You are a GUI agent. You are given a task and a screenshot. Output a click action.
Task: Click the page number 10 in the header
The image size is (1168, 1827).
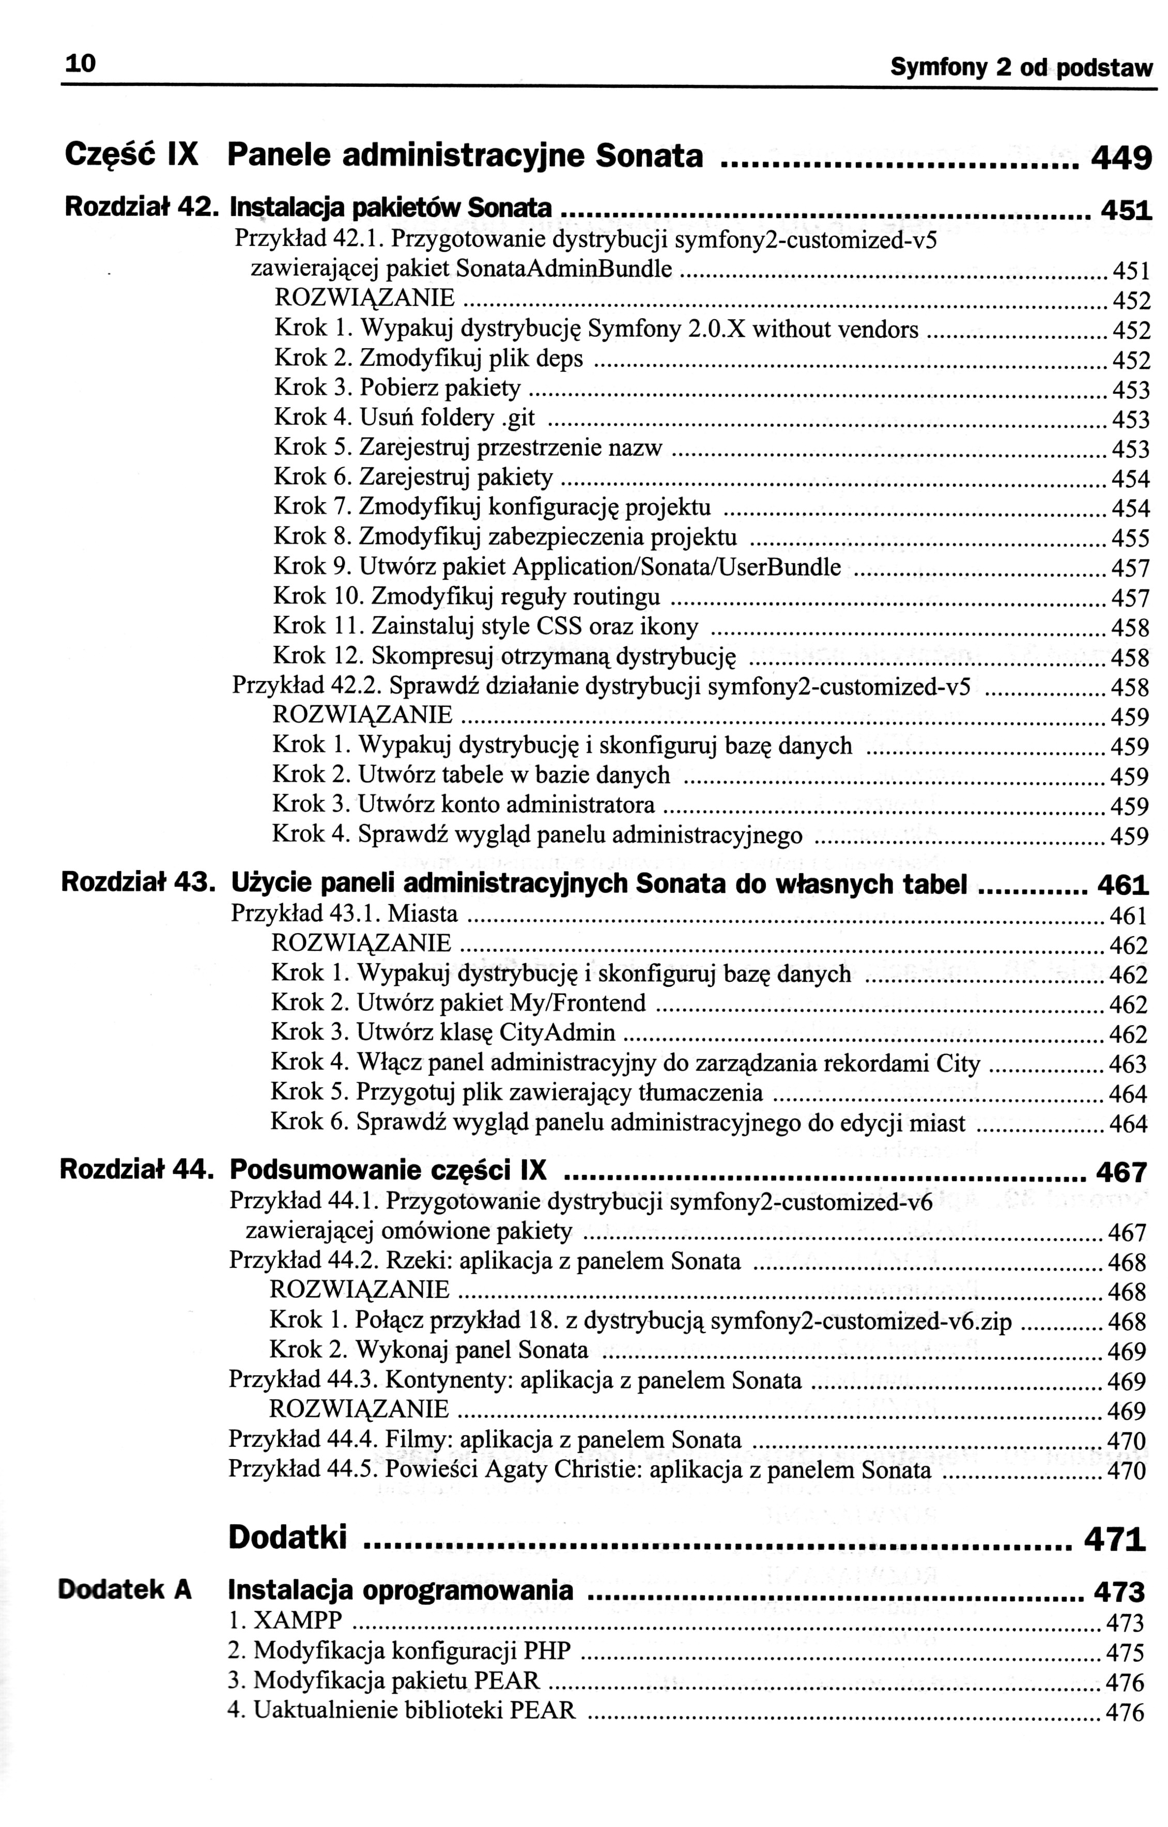pyautogui.click(x=81, y=65)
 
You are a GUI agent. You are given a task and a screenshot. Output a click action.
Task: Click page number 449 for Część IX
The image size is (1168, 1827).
pyautogui.click(x=1121, y=159)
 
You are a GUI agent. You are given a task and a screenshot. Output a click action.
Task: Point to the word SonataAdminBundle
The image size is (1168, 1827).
pyautogui.click(x=565, y=269)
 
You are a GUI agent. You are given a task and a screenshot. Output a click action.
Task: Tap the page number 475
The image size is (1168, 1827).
pyautogui.click(x=1125, y=1652)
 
